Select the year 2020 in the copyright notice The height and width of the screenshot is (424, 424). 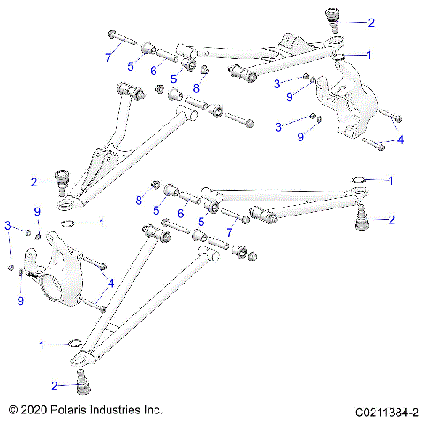coord(34,411)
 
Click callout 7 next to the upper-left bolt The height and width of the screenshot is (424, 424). coord(109,57)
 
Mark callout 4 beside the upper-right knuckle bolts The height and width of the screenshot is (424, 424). coord(400,139)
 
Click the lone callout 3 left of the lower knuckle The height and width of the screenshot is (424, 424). coord(8,228)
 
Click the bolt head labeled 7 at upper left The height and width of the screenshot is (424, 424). coord(113,35)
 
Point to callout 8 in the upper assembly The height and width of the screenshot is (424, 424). coord(196,88)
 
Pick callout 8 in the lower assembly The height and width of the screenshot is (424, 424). coord(140,201)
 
